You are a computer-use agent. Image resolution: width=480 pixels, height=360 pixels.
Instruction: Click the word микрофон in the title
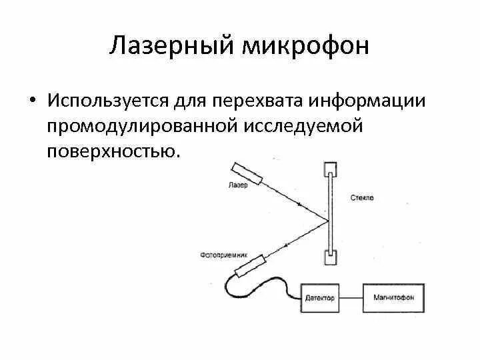click(309, 47)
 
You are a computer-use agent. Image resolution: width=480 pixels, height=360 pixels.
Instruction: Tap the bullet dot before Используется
click(31, 102)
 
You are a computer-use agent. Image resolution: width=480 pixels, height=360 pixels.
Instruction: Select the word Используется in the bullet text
click(107, 102)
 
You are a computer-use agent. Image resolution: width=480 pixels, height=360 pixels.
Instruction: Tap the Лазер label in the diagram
click(238, 185)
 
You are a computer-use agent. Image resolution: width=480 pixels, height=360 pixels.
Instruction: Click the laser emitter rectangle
click(246, 173)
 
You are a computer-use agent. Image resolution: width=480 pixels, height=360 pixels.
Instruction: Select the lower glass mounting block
click(329, 258)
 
